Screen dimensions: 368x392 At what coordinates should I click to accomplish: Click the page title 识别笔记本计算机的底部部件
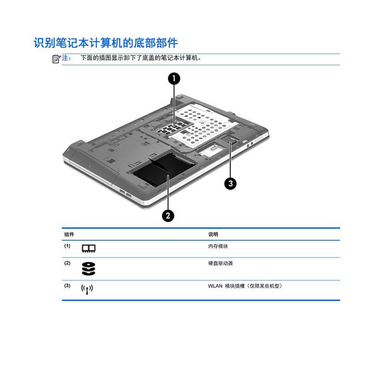pyautogui.click(x=106, y=43)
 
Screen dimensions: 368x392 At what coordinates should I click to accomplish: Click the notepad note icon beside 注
pyautogui.click(x=56, y=59)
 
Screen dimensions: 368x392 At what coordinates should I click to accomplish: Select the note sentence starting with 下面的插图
pyautogui.click(x=141, y=58)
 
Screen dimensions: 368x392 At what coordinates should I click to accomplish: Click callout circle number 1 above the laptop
pyautogui.click(x=174, y=79)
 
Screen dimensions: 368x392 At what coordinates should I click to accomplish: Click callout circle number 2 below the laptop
pyautogui.click(x=168, y=215)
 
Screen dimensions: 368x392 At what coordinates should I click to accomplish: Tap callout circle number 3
pyautogui.click(x=230, y=184)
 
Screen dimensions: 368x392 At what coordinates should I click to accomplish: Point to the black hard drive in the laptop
pyautogui.click(x=164, y=169)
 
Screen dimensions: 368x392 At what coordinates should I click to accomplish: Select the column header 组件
pyautogui.click(x=69, y=234)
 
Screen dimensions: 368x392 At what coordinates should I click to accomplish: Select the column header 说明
pyautogui.click(x=213, y=234)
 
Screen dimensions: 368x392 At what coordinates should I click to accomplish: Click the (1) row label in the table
pyautogui.click(x=67, y=246)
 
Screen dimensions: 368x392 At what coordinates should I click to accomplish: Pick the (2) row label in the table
pyautogui.click(x=67, y=263)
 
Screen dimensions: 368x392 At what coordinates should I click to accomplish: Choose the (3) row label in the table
pyautogui.click(x=67, y=286)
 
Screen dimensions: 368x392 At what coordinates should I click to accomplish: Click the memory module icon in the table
pyautogui.click(x=88, y=248)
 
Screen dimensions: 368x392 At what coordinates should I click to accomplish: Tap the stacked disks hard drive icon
pyautogui.click(x=88, y=269)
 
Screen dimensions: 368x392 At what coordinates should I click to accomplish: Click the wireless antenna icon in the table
pyautogui.click(x=87, y=289)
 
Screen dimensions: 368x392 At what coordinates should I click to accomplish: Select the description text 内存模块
pyautogui.click(x=218, y=246)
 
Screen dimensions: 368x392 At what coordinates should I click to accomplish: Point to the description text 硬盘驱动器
pyautogui.click(x=220, y=263)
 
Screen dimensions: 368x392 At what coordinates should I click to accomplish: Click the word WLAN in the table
pyautogui.click(x=215, y=286)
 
